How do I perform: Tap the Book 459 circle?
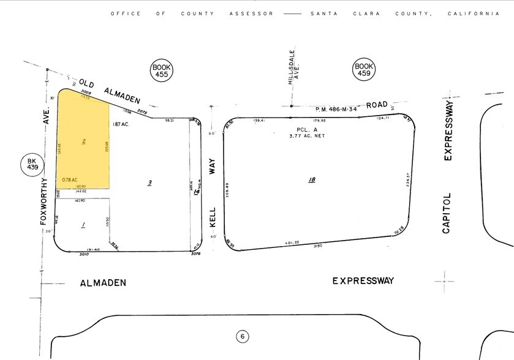[x=364, y=70]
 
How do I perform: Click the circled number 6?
[x=243, y=336]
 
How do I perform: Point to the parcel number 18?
[x=312, y=180]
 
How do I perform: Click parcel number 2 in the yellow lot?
[x=83, y=141]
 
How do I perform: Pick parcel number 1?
[x=83, y=225]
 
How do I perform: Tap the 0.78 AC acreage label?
[x=69, y=179]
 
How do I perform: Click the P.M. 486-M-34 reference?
[x=336, y=110]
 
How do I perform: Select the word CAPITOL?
[x=447, y=212]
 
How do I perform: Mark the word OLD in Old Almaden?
[x=86, y=80]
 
